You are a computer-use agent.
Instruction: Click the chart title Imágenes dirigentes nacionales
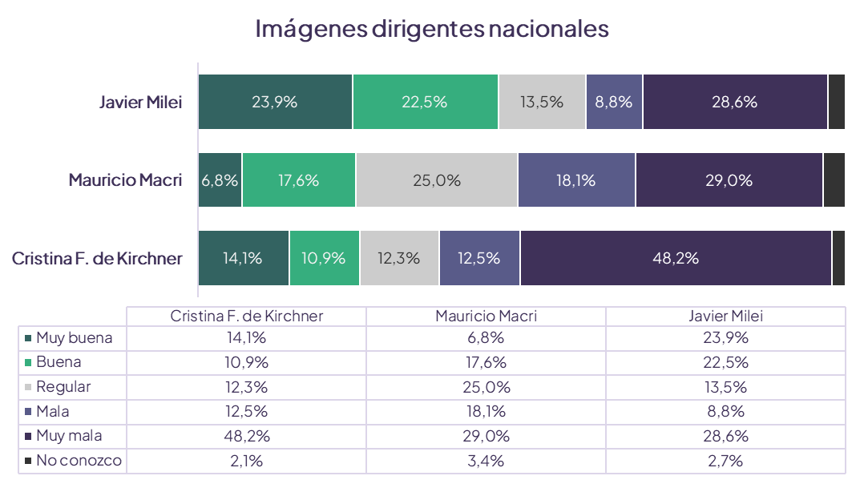point(432,29)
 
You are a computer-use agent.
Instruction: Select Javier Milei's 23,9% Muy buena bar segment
point(275,102)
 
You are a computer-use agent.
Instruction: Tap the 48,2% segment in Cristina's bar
point(676,258)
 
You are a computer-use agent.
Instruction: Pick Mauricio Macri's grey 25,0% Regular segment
point(437,180)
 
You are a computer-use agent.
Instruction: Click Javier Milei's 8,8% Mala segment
point(614,102)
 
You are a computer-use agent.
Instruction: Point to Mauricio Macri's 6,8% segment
point(220,180)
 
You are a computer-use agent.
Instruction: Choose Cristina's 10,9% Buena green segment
point(325,258)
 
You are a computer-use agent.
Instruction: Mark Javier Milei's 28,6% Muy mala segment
point(735,102)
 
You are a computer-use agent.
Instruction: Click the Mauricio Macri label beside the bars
point(125,180)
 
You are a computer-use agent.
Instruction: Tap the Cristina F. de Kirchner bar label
point(97,258)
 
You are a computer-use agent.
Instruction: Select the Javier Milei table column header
point(725,316)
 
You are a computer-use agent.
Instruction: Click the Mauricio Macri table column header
point(486,316)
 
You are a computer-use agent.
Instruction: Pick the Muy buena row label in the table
point(74,338)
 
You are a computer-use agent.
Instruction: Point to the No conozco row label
point(79,461)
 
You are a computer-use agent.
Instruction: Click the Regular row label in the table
point(63,387)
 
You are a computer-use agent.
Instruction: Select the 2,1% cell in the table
point(247,461)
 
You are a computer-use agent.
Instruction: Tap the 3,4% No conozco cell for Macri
point(486,461)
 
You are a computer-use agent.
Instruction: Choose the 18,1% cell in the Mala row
point(486,412)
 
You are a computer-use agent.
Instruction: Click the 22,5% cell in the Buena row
point(725,362)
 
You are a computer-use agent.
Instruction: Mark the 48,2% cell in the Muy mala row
point(247,436)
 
